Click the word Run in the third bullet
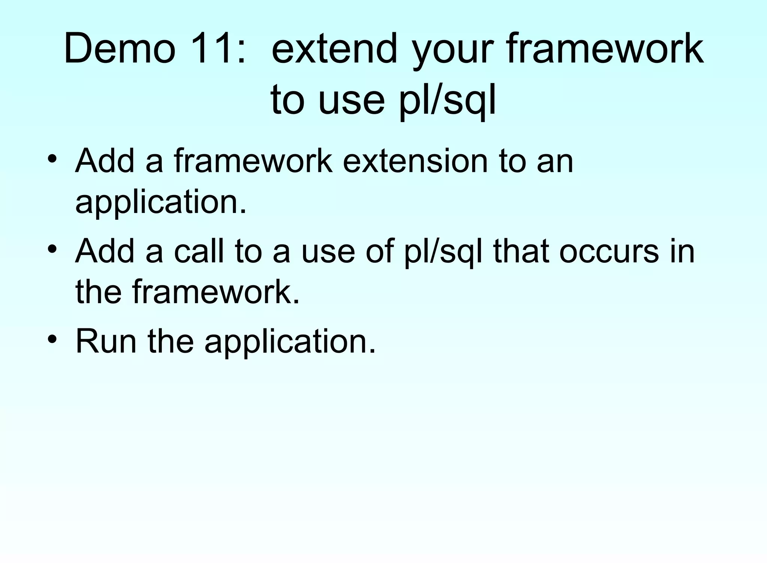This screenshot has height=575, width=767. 106,341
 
